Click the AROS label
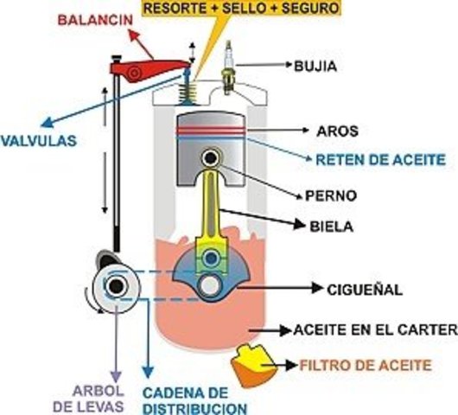tap(338, 131)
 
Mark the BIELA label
tap(332, 228)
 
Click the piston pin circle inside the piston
tap(209, 158)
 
